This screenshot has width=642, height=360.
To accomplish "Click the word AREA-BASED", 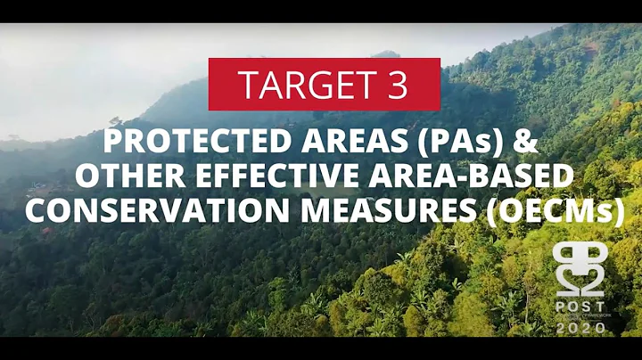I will point(473,176).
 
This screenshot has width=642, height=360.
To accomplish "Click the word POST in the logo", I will point(580,306).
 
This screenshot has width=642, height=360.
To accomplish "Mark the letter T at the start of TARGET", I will point(245,85).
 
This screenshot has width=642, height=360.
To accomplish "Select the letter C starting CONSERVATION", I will point(35,211).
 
